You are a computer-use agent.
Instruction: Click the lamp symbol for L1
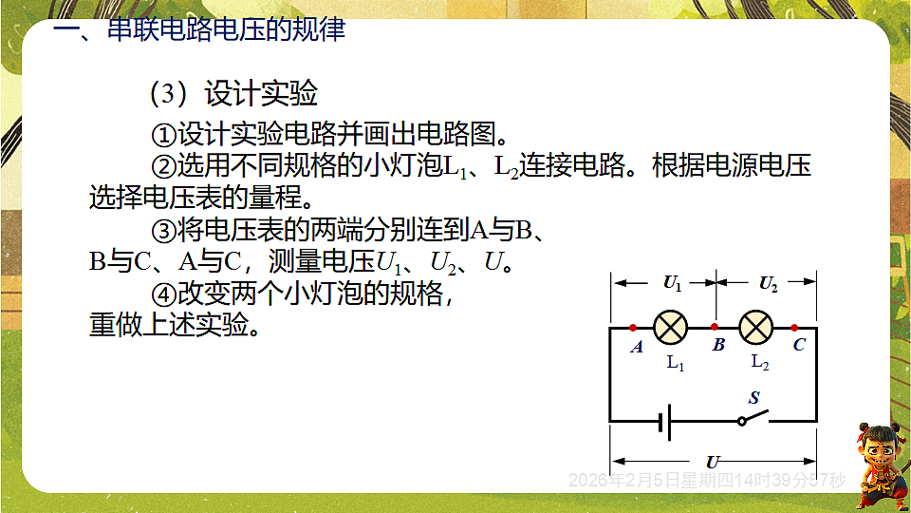click(672, 327)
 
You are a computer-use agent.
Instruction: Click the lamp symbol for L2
click(755, 327)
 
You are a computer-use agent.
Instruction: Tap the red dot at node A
click(633, 327)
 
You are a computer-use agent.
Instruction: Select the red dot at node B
click(714, 327)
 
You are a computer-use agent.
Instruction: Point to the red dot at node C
click(794, 327)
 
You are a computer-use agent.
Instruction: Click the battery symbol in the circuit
click(668, 420)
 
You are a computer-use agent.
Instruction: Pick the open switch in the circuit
click(753, 418)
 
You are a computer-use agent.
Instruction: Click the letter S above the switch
click(754, 398)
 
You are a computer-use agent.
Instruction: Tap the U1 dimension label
click(672, 282)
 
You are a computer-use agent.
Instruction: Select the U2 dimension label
click(768, 282)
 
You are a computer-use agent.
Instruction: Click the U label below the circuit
click(713, 462)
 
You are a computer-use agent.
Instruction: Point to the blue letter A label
click(637, 347)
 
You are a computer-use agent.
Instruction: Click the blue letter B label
click(718, 345)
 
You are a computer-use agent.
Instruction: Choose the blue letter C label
click(799, 345)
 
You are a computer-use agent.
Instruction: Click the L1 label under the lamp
click(675, 362)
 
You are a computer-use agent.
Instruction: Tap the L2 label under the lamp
click(759, 362)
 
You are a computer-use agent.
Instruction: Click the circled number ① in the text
click(164, 130)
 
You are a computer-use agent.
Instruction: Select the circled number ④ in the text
click(164, 294)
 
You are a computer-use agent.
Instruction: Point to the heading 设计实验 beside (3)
click(261, 94)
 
